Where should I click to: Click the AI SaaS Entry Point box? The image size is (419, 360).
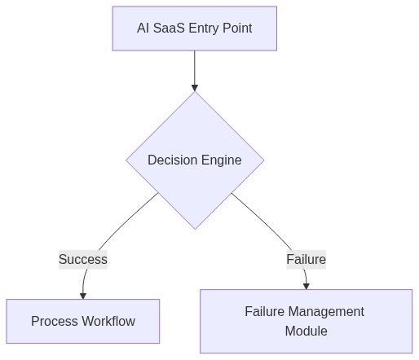[194, 29]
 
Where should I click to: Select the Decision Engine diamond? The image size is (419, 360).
[194, 160]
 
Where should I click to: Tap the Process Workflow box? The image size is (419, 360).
[83, 321]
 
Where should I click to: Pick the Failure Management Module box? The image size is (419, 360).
[306, 321]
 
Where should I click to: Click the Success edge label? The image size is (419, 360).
[83, 260]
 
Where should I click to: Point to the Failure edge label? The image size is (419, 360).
[306, 260]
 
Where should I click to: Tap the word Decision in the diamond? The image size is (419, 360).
[172, 160]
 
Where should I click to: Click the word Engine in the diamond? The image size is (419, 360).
[221, 160]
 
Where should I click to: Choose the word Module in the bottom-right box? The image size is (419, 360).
[306, 331]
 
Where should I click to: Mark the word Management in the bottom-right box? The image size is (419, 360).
[325, 311]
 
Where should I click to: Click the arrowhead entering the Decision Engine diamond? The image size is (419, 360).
[194, 86]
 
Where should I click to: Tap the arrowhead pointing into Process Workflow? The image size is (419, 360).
[83, 295]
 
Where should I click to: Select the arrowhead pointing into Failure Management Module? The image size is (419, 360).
[306, 284]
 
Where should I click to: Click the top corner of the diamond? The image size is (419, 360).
[194, 92]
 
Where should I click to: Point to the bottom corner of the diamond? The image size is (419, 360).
[194, 229]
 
